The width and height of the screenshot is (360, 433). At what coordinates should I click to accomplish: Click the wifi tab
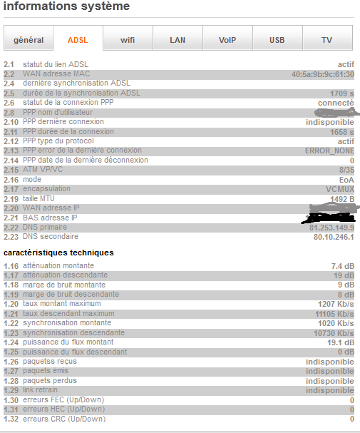(128, 40)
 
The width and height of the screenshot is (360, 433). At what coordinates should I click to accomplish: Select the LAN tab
(178, 40)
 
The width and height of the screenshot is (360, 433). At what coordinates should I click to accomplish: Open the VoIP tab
(227, 40)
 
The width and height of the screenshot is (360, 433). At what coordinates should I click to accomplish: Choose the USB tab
(277, 40)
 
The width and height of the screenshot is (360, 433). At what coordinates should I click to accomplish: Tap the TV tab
(326, 40)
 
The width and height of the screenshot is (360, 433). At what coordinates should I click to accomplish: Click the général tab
(29, 40)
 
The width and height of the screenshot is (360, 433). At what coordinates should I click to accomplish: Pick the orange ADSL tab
(78, 40)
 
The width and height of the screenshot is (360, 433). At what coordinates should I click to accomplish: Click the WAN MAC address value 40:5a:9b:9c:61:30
(322, 74)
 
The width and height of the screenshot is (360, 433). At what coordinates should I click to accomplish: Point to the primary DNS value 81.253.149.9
(331, 228)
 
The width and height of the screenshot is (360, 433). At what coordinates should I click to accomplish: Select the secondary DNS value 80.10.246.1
(334, 236)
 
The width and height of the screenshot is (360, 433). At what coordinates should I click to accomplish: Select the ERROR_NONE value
(329, 151)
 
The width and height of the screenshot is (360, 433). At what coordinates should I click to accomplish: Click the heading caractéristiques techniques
(58, 253)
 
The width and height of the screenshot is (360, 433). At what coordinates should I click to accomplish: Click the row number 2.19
(9, 199)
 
